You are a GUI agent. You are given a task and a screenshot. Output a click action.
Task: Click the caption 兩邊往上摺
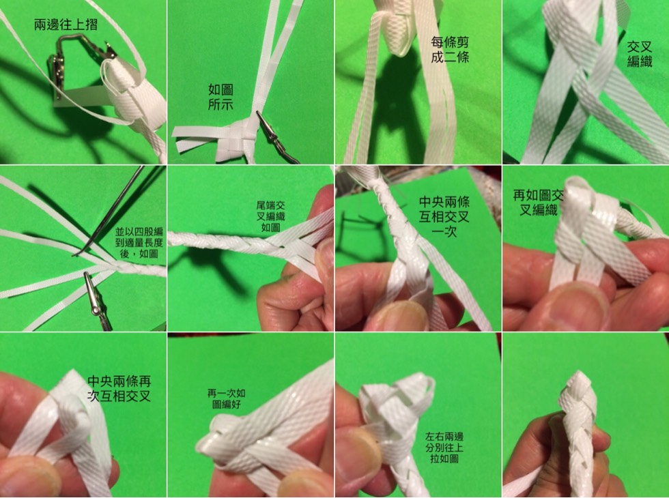(66, 25)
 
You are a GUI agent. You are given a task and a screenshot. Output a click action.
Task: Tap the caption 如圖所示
(220, 97)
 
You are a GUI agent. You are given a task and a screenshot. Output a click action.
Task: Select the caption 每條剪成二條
(450, 49)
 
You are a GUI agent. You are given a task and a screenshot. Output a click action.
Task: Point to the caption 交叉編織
(640, 54)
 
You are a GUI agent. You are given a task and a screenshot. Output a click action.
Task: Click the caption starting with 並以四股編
(139, 243)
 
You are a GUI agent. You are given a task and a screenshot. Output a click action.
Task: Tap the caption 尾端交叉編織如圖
(270, 217)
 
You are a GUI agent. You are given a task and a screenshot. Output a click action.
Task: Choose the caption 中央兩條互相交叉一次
(444, 217)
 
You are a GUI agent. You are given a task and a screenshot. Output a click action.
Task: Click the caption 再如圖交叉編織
(539, 203)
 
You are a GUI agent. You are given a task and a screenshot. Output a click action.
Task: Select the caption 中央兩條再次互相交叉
(119, 388)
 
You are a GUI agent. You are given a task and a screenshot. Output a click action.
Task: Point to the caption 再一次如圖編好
(226, 398)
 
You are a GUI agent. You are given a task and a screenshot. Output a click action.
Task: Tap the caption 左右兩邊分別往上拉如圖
(444, 448)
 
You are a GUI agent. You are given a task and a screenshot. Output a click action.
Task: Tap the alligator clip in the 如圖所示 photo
(276, 137)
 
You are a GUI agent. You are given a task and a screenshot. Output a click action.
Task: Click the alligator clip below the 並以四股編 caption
(97, 301)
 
